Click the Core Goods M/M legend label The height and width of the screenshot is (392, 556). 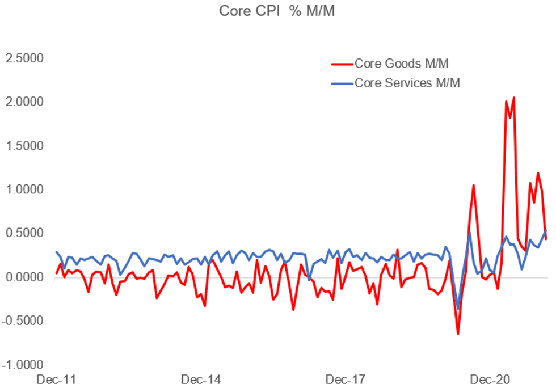[405, 63]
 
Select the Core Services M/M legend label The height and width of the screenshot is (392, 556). [407, 82]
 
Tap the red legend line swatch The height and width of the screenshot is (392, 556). [342, 63]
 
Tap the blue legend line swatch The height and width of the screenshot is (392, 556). [342, 82]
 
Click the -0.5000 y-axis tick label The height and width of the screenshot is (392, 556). [23, 321]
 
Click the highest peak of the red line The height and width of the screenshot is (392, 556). [514, 98]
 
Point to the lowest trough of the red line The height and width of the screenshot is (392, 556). [458, 334]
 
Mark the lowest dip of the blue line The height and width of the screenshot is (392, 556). [458, 309]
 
